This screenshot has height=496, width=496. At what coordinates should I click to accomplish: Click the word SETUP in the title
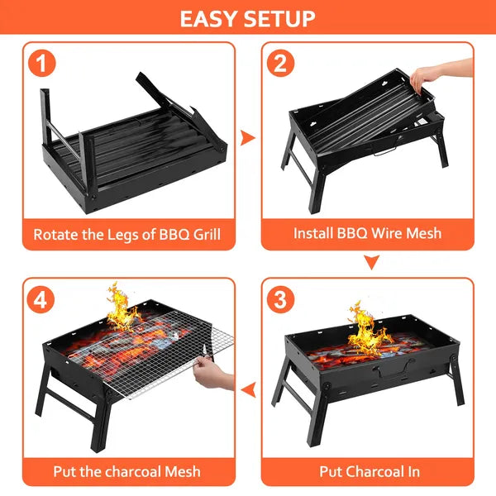[x=282, y=18]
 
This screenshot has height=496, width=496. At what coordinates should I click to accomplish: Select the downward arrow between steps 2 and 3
[x=372, y=263]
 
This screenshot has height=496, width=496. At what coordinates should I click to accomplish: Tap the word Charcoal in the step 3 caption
[x=373, y=471]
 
